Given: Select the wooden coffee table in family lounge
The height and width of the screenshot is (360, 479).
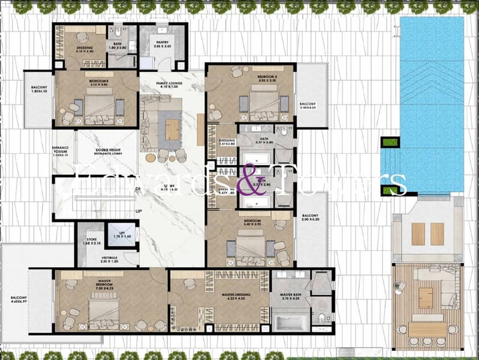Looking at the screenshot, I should (172, 129).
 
